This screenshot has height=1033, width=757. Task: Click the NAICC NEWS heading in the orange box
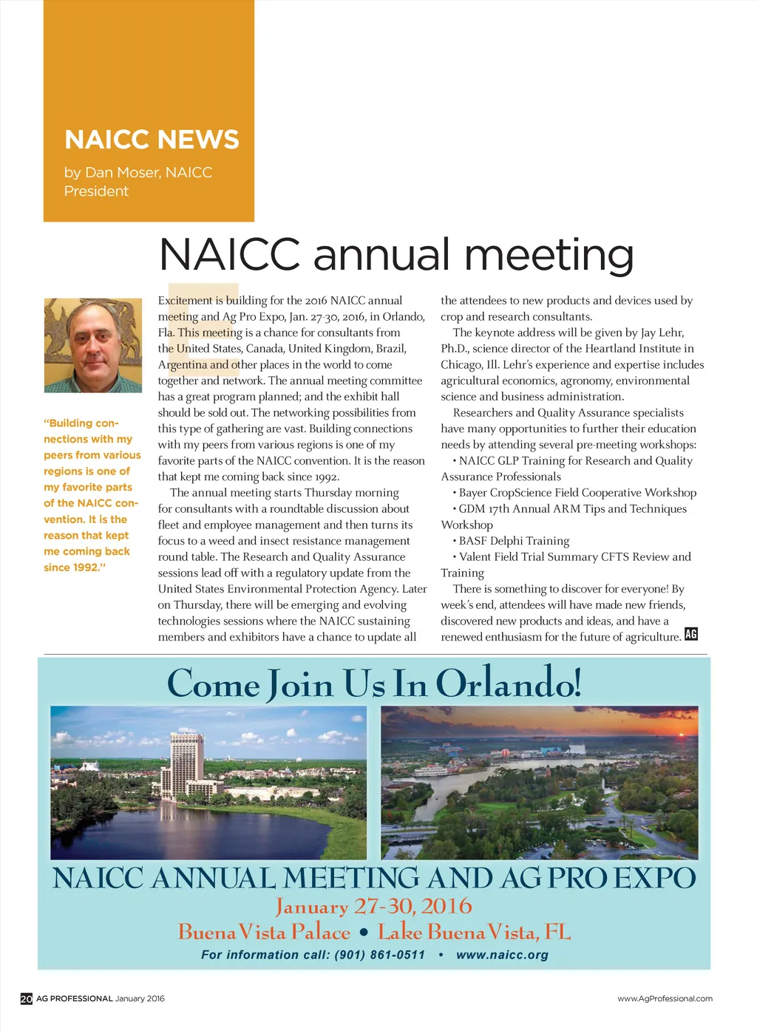click(x=152, y=140)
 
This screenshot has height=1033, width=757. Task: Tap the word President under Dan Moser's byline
click(x=96, y=191)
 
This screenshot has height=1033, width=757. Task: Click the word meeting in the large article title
click(x=549, y=255)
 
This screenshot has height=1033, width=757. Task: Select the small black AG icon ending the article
click(x=691, y=634)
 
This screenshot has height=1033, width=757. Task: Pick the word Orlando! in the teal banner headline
click(x=509, y=683)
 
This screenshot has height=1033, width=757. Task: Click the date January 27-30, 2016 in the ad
click(x=373, y=907)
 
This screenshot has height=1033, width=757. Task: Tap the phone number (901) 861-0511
click(x=380, y=955)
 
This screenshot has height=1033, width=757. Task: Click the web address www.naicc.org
click(x=502, y=955)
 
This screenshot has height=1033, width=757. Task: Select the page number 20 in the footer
click(x=26, y=999)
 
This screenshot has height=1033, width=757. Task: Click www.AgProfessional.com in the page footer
click(x=665, y=999)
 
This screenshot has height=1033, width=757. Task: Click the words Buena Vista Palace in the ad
click(x=264, y=933)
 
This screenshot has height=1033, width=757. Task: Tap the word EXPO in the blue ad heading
click(x=655, y=879)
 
